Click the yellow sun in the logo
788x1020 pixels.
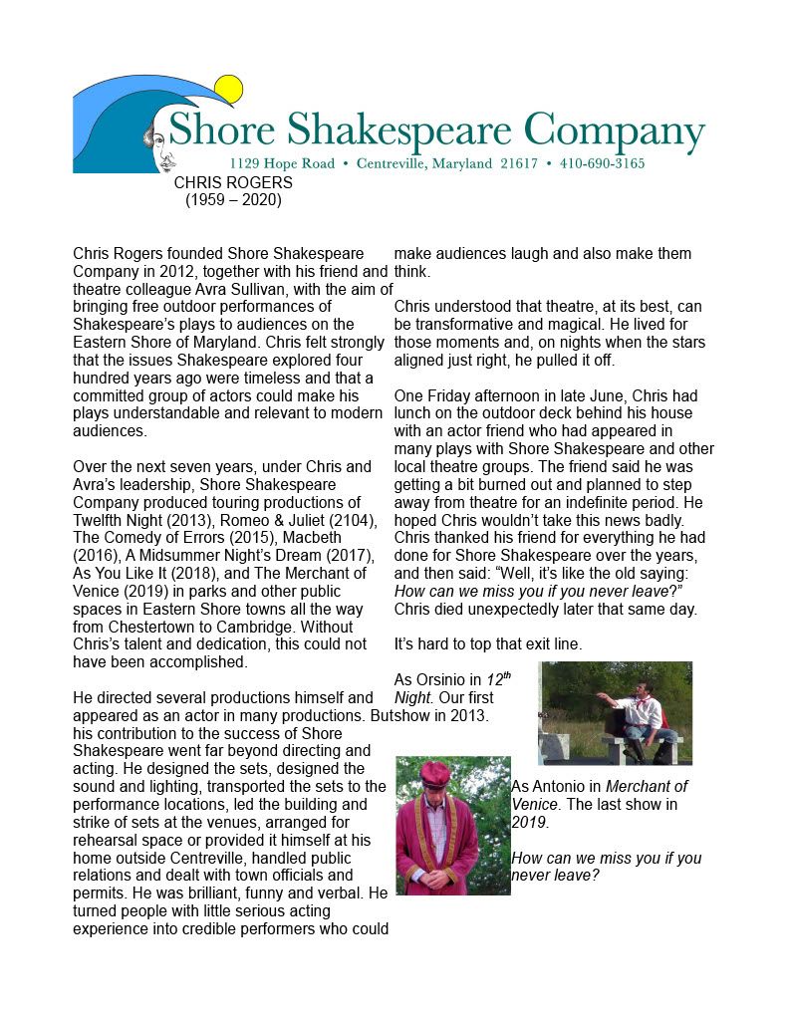coord(228,90)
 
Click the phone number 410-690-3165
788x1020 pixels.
coord(602,163)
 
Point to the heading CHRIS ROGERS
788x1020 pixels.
coord(233,183)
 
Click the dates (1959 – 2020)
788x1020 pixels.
coord(233,200)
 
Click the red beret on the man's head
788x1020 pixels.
coord(435,774)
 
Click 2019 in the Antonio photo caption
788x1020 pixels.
coord(528,823)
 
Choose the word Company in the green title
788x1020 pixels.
coord(614,131)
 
